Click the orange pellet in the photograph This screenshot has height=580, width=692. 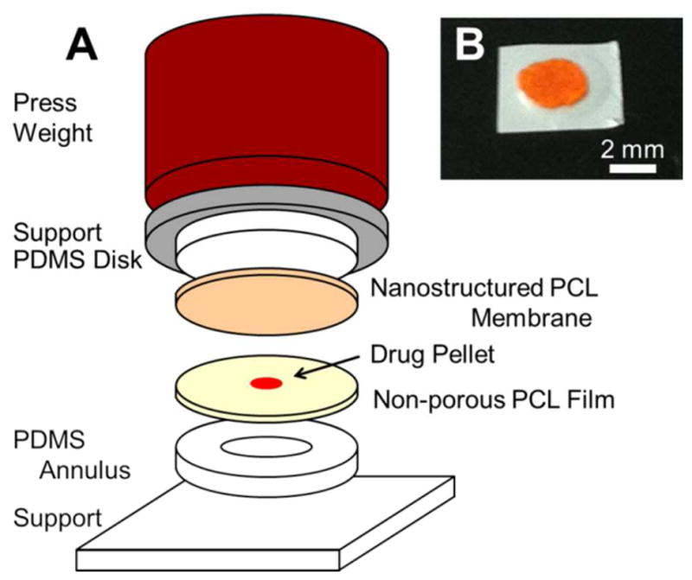(x=553, y=87)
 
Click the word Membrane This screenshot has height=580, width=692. (x=531, y=319)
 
